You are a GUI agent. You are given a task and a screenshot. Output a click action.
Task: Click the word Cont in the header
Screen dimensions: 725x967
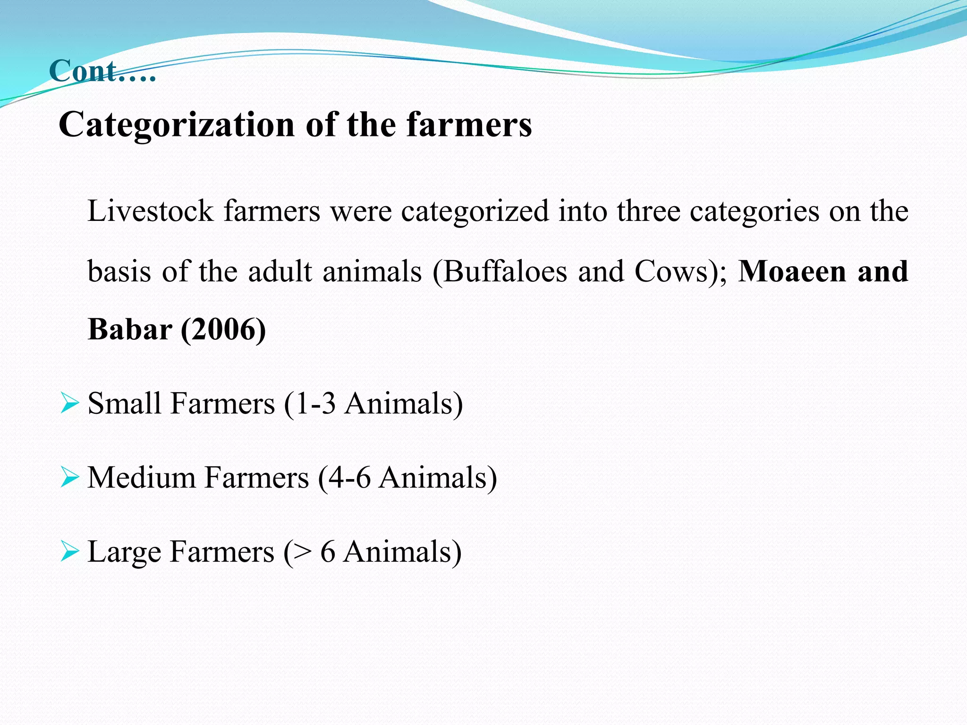click(83, 72)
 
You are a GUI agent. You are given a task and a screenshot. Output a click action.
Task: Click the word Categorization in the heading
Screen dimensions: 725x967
click(177, 125)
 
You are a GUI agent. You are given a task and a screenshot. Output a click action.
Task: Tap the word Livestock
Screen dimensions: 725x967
click(150, 211)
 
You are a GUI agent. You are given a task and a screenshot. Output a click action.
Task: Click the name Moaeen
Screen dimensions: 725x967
click(792, 272)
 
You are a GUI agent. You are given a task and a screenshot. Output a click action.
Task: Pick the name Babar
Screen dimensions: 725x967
click(130, 329)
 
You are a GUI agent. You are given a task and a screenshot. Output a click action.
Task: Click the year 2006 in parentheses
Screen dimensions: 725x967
click(223, 329)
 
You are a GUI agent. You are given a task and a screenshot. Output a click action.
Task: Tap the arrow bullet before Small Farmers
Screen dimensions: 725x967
click(69, 404)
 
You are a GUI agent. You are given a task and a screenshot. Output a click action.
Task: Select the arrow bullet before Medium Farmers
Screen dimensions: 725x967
click(69, 478)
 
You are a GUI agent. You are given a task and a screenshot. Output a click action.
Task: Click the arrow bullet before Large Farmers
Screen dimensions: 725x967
click(69, 552)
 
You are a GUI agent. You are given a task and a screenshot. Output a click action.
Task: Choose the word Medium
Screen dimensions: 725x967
click(141, 478)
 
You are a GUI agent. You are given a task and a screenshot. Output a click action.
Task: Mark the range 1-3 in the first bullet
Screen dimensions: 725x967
click(315, 404)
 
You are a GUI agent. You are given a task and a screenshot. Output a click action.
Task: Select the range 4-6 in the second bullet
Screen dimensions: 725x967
click(349, 478)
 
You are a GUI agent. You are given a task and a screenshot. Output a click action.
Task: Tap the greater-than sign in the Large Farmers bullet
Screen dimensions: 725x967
click(303, 552)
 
